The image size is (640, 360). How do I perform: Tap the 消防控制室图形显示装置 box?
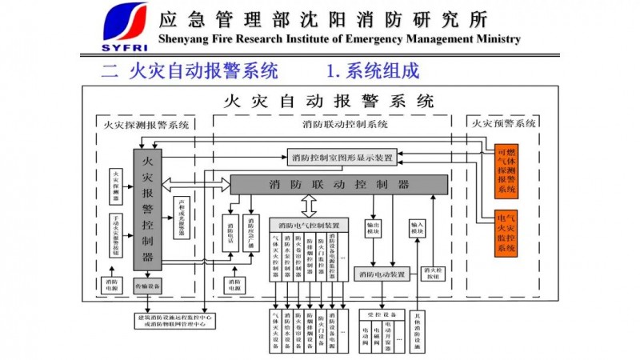pyautogui.click(x=342, y=157)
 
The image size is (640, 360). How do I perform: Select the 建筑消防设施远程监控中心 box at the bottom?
pyautogui.click(x=173, y=322)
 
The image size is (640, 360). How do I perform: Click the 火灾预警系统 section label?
pyautogui.click(x=504, y=124)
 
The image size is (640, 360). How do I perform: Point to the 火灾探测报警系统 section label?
pyautogui.click(x=147, y=124)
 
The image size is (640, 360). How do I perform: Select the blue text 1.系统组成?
pyautogui.click(x=373, y=71)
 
